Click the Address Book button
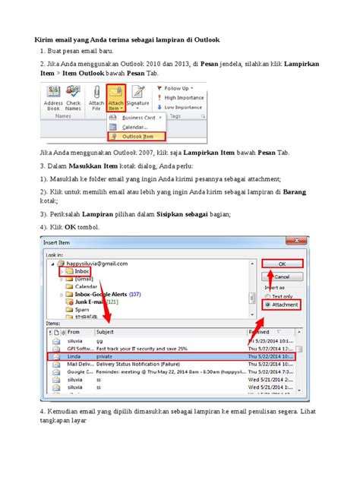coord(53,98)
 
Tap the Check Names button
coord(74,98)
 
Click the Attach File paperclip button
coord(97,98)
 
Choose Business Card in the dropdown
coord(140,118)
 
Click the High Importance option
coord(182,97)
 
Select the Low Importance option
coord(182,107)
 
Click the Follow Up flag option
coord(179,88)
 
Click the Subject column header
coord(106,332)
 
